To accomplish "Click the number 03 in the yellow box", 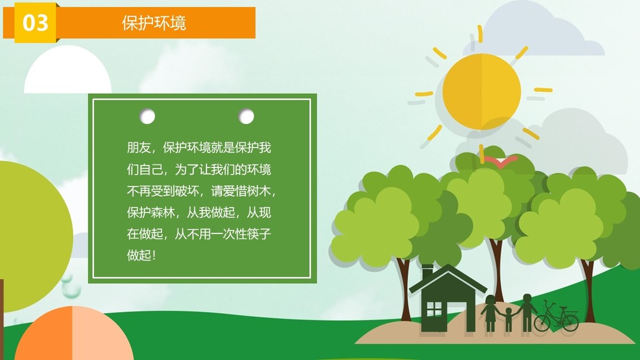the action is (35, 23).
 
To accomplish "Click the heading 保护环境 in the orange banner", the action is (154, 23).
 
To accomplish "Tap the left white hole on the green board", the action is (148, 116).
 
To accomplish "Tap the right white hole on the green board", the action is (246, 116).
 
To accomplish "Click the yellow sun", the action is (482, 92).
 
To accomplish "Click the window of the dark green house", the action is (434, 309).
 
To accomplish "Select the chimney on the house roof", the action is (427, 272).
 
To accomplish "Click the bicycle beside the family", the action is (556, 317).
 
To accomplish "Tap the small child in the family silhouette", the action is (508, 319).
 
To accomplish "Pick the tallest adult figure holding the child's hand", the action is (527, 313).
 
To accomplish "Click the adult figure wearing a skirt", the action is (490, 313).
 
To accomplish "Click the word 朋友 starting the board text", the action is (139, 148).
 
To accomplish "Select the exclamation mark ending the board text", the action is (154, 256).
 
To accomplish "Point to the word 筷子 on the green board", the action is (259, 234).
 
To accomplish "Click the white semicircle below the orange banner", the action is (68, 70).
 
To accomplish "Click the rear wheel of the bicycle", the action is (542, 323).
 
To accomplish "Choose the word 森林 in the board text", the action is (163, 212).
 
